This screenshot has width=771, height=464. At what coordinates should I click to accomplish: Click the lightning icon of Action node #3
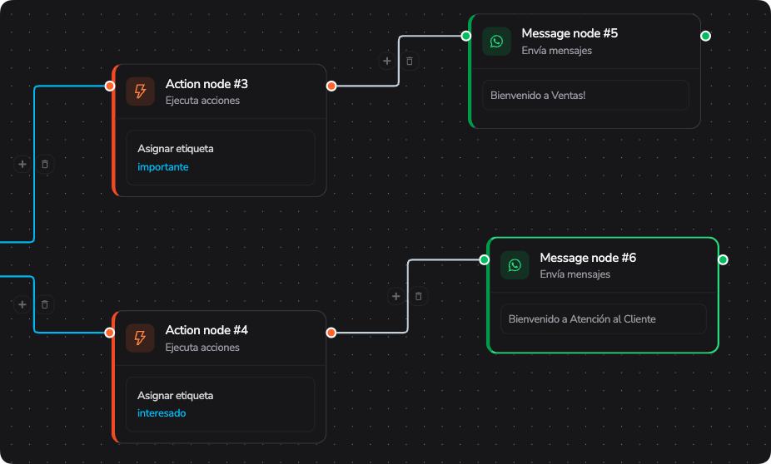tap(140, 91)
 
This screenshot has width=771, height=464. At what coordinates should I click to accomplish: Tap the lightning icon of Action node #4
tap(140, 338)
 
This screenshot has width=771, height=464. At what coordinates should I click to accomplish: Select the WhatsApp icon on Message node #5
tap(496, 42)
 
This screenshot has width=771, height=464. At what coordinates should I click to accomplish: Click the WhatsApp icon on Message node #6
tap(515, 265)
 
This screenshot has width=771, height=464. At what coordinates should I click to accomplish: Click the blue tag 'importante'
tap(162, 167)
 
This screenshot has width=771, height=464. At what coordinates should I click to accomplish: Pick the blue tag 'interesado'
tap(162, 413)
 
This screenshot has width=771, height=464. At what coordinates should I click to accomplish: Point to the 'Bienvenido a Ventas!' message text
tap(538, 96)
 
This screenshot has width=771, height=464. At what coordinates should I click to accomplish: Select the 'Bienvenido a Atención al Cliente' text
tap(582, 319)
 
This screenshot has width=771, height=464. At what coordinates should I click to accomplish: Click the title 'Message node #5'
tap(570, 33)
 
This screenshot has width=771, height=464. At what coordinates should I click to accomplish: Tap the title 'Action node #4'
tap(206, 330)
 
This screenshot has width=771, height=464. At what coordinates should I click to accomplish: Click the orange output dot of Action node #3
tap(331, 86)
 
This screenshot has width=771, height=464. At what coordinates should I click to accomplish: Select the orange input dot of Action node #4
tap(110, 333)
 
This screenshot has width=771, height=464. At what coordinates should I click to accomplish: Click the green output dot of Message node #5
tap(705, 36)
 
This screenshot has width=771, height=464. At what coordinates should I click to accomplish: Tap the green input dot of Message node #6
tap(485, 259)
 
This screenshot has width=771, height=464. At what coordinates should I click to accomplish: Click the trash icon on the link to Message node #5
tap(410, 61)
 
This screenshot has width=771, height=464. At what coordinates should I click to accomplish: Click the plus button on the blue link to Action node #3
tap(22, 164)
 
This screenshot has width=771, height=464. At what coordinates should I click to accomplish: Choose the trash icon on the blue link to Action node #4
tap(45, 304)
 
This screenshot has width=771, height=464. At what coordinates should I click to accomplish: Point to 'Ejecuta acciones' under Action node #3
tap(202, 101)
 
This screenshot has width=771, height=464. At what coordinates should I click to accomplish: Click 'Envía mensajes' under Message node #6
tap(575, 274)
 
